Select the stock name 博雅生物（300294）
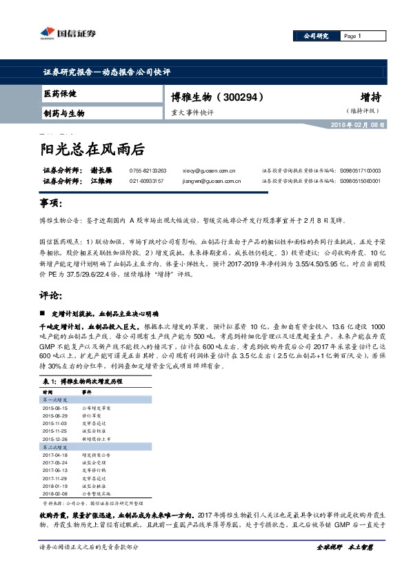(x=215, y=97)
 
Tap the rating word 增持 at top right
(x=370, y=97)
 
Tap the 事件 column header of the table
(x=88, y=391)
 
